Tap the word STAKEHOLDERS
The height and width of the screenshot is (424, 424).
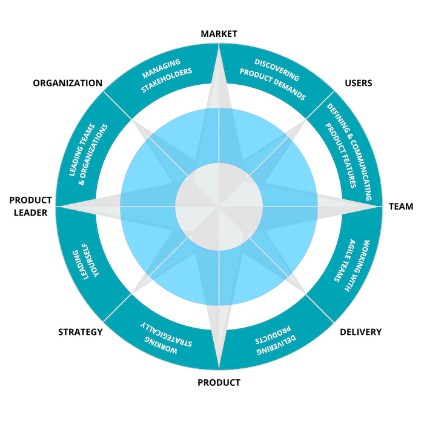(x=167, y=81)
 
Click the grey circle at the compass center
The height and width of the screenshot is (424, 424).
(x=219, y=206)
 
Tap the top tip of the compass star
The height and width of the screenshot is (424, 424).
(x=219, y=46)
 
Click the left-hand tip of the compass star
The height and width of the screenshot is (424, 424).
(x=57, y=206)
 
